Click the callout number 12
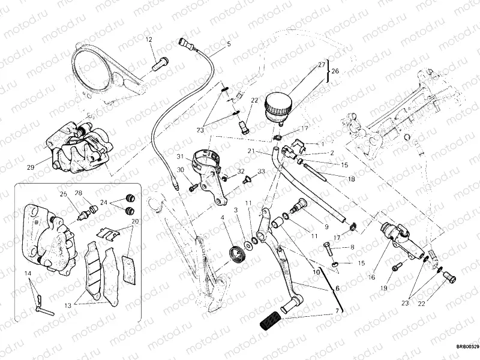tap(149, 40)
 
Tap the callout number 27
tap(321, 65)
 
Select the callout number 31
tap(179, 157)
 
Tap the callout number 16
tap(371, 260)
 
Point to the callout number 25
tap(62, 193)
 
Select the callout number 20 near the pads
tap(135, 221)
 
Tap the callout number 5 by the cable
tap(228, 44)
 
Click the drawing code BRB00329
tap(466, 346)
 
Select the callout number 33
tap(262, 172)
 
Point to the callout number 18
tap(352, 178)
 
